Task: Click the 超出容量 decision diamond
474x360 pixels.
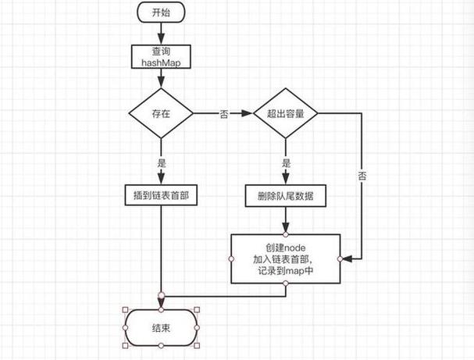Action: click(x=286, y=114)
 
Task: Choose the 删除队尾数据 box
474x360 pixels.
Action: click(x=286, y=195)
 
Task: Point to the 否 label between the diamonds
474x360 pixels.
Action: click(x=224, y=114)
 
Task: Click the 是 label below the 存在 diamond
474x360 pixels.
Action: click(x=162, y=165)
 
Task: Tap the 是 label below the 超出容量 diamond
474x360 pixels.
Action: click(x=286, y=165)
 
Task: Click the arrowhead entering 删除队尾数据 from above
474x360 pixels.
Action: click(x=286, y=181)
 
